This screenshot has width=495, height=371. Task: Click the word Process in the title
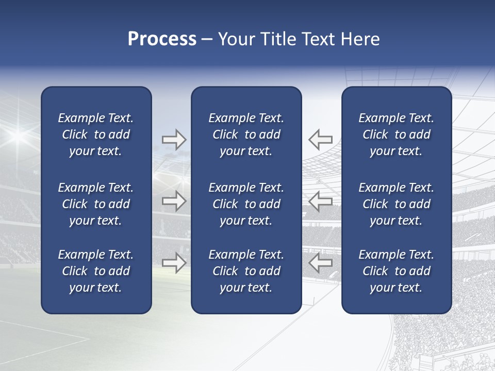click(x=162, y=39)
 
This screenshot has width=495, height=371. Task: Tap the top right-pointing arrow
click(x=174, y=139)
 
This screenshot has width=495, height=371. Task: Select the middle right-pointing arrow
click(x=174, y=201)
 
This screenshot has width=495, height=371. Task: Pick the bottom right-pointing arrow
click(x=174, y=263)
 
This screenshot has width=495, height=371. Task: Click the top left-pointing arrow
click(x=321, y=139)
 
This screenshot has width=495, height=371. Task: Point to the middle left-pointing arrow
click(x=321, y=201)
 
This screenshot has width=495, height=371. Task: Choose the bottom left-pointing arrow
click(x=321, y=263)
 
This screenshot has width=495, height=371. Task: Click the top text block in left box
click(x=96, y=134)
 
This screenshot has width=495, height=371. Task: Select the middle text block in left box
click(x=96, y=204)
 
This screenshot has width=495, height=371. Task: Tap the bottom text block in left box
click(x=96, y=271)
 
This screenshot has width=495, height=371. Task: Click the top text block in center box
click(x=246, y=134)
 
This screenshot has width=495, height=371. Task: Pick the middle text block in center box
click(x=246, y=204)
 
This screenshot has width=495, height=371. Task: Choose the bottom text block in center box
click(x=246, y=271)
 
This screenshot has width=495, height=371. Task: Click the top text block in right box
click(x=396, y=134)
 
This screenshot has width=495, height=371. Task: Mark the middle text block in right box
click(x=396, y=204)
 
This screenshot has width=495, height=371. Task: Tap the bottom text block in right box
click(x=396, y=271)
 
